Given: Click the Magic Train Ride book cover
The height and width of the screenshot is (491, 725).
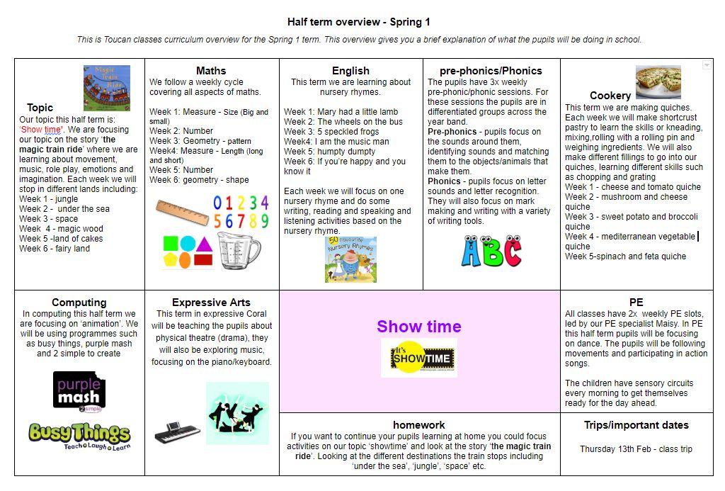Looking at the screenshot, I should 107,88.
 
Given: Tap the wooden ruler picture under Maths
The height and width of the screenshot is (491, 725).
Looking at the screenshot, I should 183,211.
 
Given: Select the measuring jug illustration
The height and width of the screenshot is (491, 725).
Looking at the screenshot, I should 239,251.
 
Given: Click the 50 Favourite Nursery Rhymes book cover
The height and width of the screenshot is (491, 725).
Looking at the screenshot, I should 350,259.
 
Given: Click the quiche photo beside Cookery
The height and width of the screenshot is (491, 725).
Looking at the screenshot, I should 658,81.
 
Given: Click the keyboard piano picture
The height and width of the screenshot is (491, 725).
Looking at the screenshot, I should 177,432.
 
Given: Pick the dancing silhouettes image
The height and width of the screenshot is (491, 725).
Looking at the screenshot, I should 237,413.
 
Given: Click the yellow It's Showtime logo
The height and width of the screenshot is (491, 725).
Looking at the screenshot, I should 419,358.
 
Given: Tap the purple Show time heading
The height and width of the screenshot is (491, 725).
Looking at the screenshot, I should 419,327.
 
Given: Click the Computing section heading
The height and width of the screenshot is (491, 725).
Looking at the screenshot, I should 79,303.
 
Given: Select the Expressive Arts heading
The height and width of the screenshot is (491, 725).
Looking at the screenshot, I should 211,303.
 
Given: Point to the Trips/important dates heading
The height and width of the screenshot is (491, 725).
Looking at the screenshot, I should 636,425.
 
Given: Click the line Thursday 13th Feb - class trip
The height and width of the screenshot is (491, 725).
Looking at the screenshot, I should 636,449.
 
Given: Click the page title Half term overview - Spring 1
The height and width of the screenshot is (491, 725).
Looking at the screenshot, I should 359,22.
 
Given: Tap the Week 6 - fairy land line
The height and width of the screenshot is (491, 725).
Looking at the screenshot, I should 55,249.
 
